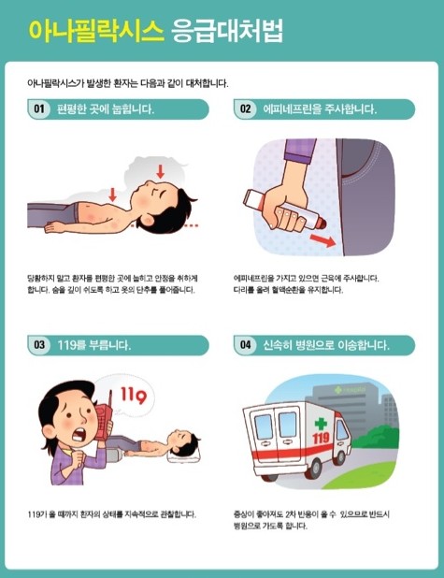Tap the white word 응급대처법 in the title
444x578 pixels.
pyautogui.click(x=227, y=30)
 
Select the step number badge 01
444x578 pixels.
pyautogui.click(x=39, y=109)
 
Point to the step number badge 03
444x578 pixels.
pyautogui.click(x=39, y=344)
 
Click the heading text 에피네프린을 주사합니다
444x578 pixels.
pyautogui.click(x=320, y=109)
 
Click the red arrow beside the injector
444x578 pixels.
pyautogui.click(x=322, y=242)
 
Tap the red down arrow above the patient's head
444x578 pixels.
pyautogui.click(x=160, y=171)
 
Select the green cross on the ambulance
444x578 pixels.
pyautogui.click(x=321, y=424)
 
